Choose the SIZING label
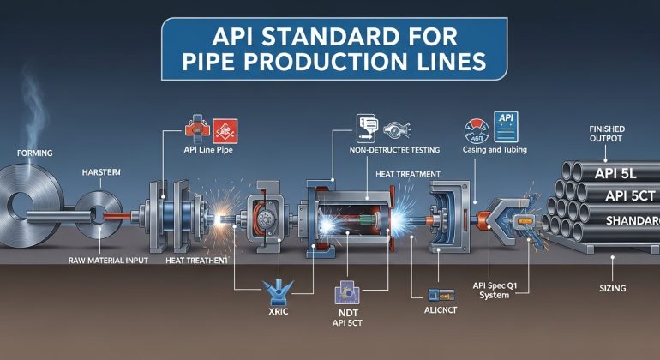click(x=608, y=289)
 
